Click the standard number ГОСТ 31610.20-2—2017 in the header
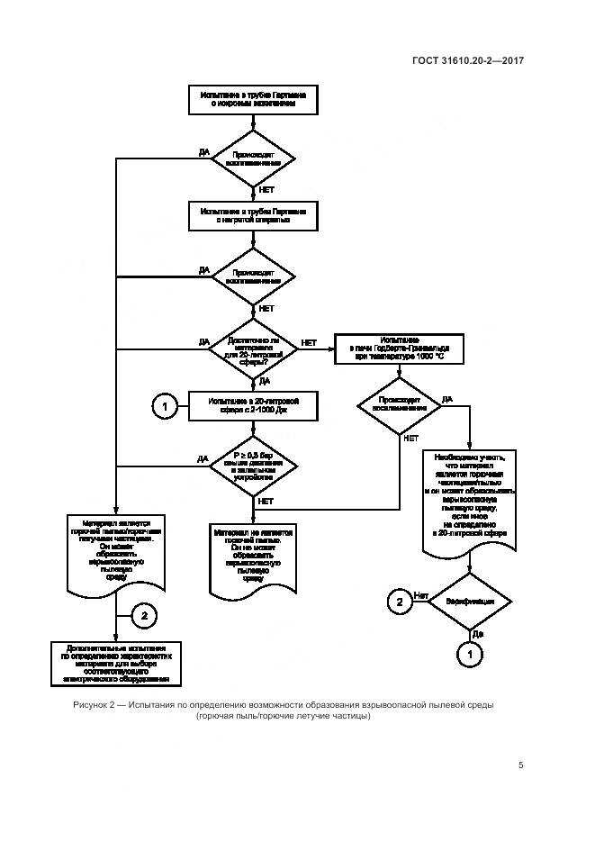coord(469,61)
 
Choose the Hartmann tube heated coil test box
coord(253,214)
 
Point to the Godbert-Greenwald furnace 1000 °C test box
coord(399,349)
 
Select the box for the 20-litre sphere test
coord(253,406)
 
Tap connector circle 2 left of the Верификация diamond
coord(397,601)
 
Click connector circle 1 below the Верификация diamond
coord(469,652)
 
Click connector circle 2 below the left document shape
coord(144,616)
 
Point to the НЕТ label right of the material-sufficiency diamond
coord(309,342)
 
